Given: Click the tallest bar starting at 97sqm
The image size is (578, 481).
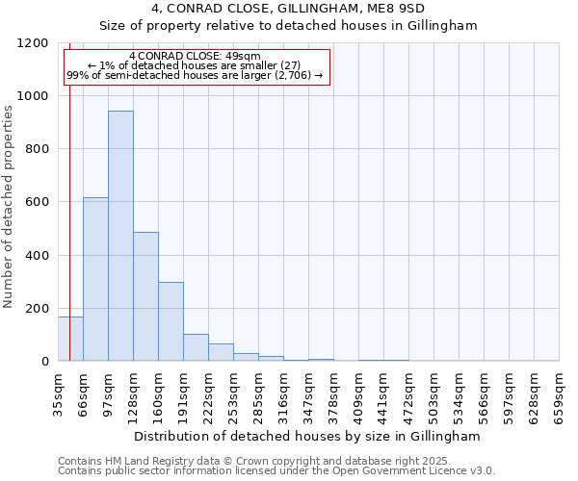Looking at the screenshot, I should pyautogui.click(x=120, y=236).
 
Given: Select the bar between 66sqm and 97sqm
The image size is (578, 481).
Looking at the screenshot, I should pyautogui.click(x=95, y=279).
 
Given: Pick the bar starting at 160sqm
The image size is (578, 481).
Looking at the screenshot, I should pyautogui.click(x=171, y=321).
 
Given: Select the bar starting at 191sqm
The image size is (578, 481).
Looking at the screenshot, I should pyautogui.click(x=196, y=347).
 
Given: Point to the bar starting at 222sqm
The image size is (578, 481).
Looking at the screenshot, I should pyautogui.click(x=221, y=352).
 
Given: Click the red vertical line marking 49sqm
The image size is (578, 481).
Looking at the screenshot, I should pyautogui.click(x=69, y=192).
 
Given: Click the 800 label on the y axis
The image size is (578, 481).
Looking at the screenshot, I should pyautogui.click(x=37, y=149).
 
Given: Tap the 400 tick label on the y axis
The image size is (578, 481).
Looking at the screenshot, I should pyautogui.click(x=37, y=256).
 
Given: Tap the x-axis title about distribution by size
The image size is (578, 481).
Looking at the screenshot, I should pyautogui.click(x=307, y=436).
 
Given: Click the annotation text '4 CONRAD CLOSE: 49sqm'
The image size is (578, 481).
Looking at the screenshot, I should pyautogui.click(x=195, y=57).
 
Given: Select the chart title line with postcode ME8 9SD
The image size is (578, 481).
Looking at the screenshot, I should pyautogui.click(x=289, y=9).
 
